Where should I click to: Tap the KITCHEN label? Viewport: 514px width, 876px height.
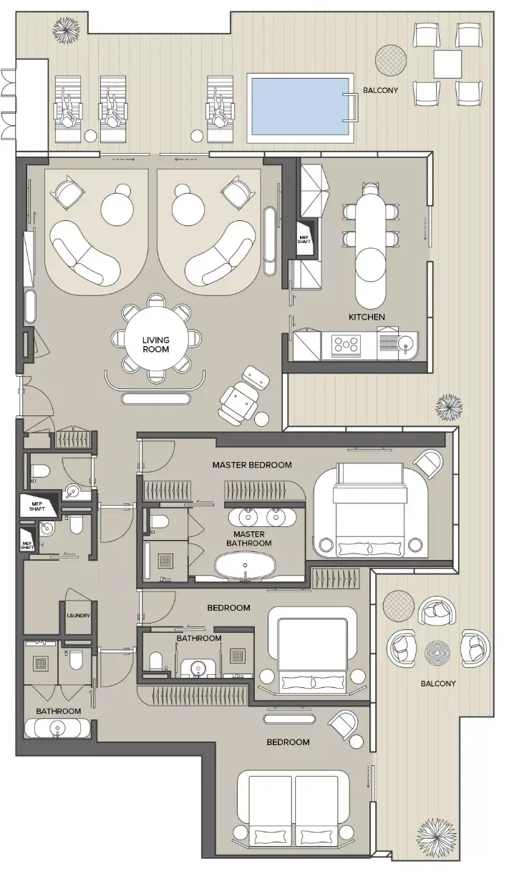(x=367, y=318)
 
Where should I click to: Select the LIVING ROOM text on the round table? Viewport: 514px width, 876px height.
(x=156, y=345)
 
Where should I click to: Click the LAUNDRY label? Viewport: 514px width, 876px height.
(x=78, y=616)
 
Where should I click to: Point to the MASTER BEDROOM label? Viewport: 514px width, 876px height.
(x=252, y=465)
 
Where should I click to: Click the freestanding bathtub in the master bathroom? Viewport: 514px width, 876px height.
(x=245, y=567)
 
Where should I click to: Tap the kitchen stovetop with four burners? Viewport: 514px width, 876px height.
(x=346, y=345)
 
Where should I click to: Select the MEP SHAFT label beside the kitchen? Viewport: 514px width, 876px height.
(x=304, y=240)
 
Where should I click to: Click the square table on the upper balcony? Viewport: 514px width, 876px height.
(x=447, y=64)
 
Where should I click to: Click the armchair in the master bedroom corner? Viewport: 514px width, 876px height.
(x=429, y=463)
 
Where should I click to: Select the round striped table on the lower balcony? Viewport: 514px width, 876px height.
(x=437, y=653)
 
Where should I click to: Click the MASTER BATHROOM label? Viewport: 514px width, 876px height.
(x=249, y=538)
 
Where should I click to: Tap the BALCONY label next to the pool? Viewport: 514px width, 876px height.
(x=381, y=90)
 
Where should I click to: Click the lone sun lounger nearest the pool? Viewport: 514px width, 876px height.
(x=217, y=109)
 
